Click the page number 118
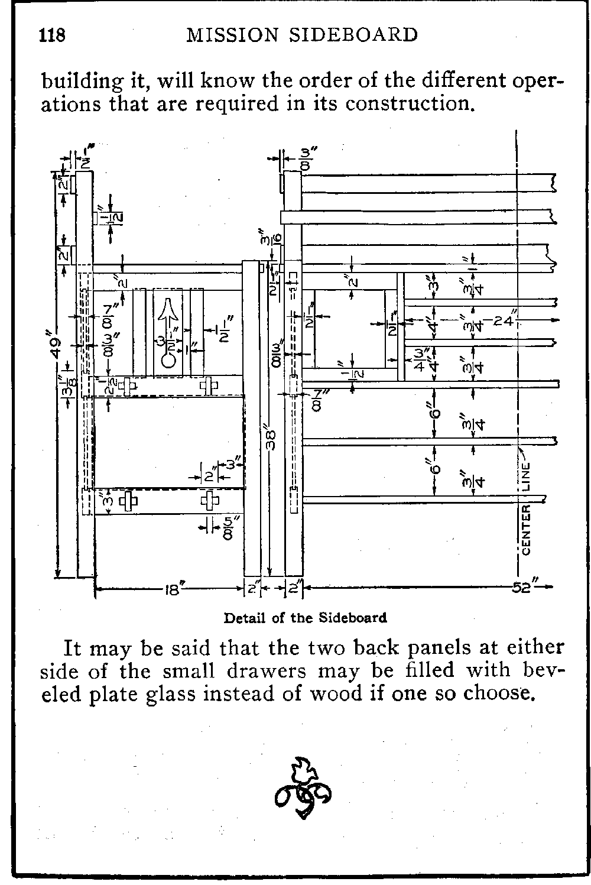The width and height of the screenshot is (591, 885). coord(51,35)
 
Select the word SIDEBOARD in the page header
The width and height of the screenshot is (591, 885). coord(350,35)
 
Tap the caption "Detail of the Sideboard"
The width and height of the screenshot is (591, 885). coord(305,618)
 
